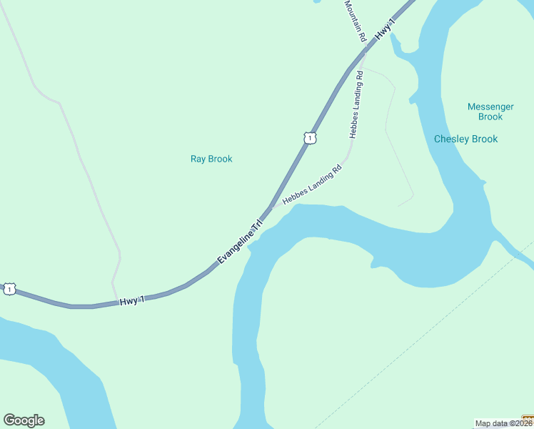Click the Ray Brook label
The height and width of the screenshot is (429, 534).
point(211,159)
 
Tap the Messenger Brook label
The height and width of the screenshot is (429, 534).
point(490,112)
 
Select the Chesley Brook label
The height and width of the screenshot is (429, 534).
point(465,139)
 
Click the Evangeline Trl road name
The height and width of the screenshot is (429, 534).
point(241,242)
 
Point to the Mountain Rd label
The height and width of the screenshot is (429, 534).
point(355,20)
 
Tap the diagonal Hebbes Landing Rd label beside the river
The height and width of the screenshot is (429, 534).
point(313,184)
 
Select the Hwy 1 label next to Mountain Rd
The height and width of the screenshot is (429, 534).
point(386,30)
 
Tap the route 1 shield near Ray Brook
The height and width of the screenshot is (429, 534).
point(308,138)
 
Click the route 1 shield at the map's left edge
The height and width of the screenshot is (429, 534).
point(9,288)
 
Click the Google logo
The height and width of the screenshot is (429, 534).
point(24,420)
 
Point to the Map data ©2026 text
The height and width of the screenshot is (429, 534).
point(499,423)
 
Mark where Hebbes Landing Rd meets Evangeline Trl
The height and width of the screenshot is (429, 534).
point(272,206)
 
